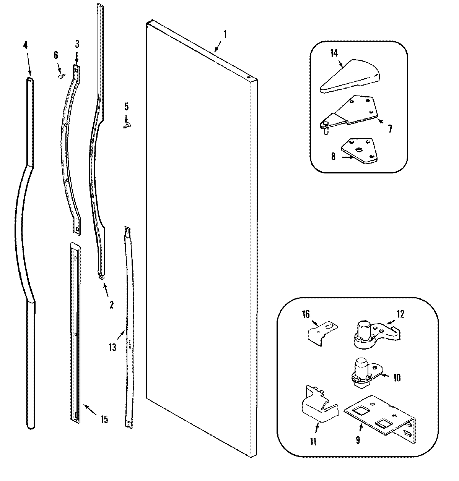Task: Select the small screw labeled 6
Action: pyautogui.click(x=60, y=76)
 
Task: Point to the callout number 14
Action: pyautogui.click(x=334, y=53)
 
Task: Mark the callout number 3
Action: pyautogui.click(x=77, y=44)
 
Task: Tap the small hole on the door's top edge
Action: pyautogui.click(x=249, y=78)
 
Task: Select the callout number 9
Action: pyautogui.click(x=358, y=441)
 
